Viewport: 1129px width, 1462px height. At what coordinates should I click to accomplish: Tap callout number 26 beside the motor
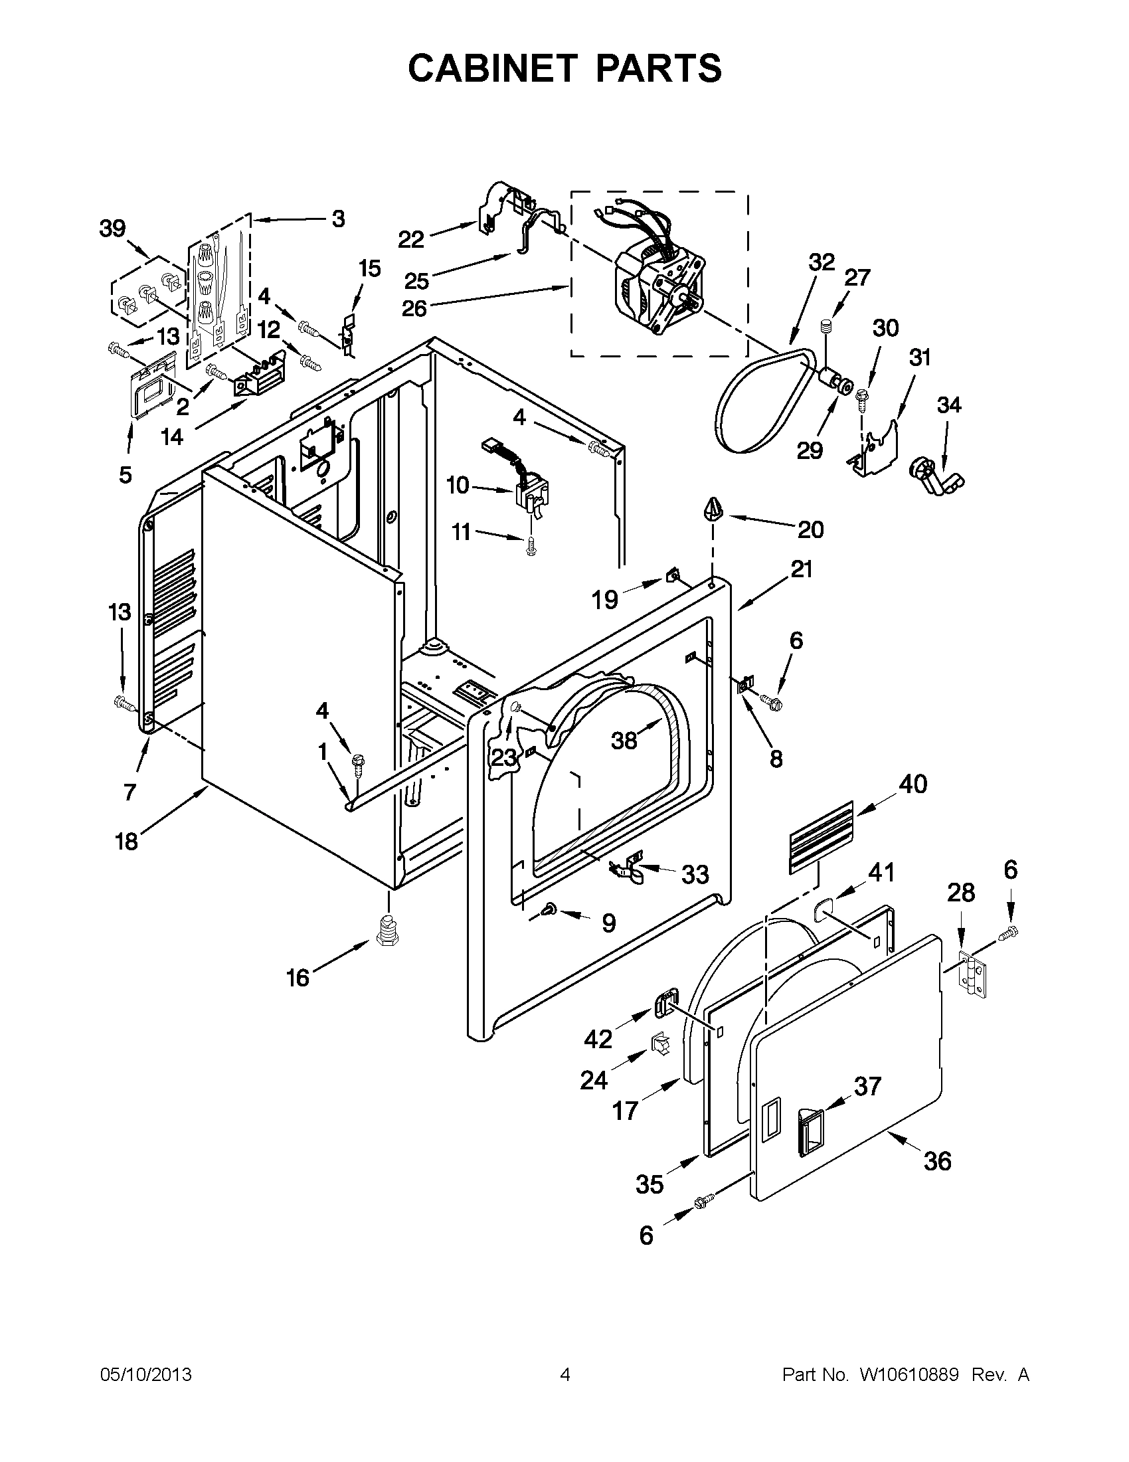(414, 310)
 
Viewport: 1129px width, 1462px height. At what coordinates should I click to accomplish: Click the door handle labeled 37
(810, 1131)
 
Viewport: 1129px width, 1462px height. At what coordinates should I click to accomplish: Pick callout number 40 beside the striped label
(913, 784)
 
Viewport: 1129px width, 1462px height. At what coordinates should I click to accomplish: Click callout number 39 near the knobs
(112, 228)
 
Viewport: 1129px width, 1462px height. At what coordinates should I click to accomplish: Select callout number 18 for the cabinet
(126, 841)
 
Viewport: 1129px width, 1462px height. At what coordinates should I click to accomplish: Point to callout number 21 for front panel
(801, 570)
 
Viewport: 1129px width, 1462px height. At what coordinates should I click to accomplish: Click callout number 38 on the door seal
(624, 741)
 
